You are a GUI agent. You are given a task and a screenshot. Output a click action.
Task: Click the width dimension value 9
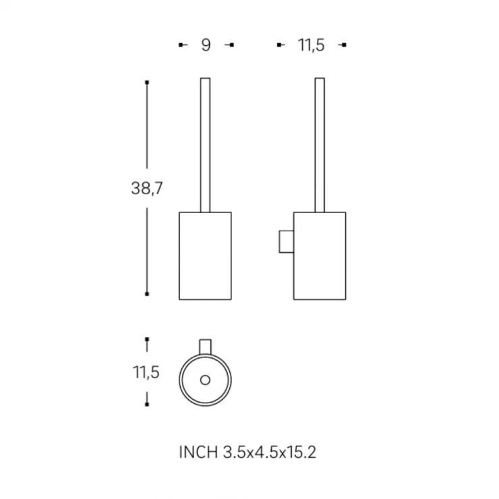click(x=206, y=45)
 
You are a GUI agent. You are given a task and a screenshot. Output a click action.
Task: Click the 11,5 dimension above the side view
click(x=312, y=45)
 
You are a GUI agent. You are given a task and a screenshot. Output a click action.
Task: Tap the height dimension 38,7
click(x=147, y=188)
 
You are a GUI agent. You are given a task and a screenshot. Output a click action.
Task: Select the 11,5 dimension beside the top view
click(x=146, y=372)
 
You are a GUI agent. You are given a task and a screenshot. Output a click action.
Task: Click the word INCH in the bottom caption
click(x=198, y=452)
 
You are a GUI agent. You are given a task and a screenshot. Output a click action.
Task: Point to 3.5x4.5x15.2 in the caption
click(x=270, y=452)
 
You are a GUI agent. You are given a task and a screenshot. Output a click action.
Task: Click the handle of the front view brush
click(x=205, y=145)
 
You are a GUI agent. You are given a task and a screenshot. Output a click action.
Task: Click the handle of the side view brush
click(x=320, y=145)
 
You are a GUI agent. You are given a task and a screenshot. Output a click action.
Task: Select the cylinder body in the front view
click(x=205, y=256)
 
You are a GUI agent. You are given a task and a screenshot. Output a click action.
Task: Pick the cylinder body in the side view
click(x=320, y=256)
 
